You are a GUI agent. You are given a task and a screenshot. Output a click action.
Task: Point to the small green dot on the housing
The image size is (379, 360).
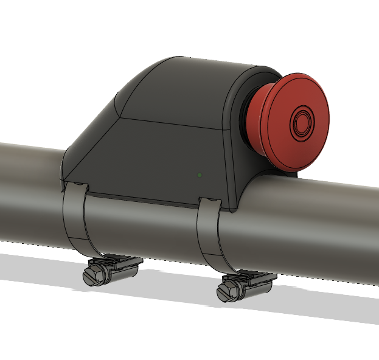pyautogui.click(x=200, y=175)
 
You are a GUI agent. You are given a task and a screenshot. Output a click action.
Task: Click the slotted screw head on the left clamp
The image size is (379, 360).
pyautogui.click(x=92, y=277)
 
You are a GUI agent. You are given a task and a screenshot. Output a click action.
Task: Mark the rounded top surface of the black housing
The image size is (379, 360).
pyautogui.click(x=183, y=85)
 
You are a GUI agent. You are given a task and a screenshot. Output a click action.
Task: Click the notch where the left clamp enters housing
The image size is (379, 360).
pyautogui.click(x=75, y=185)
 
